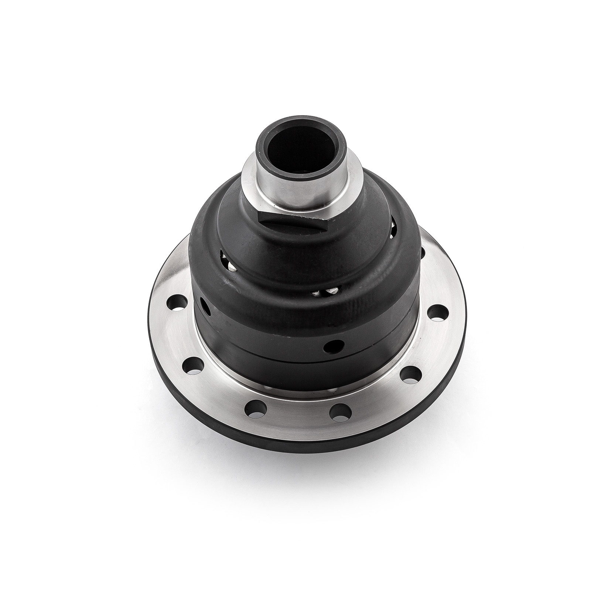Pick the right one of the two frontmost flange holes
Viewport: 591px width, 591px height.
coord(340,411)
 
